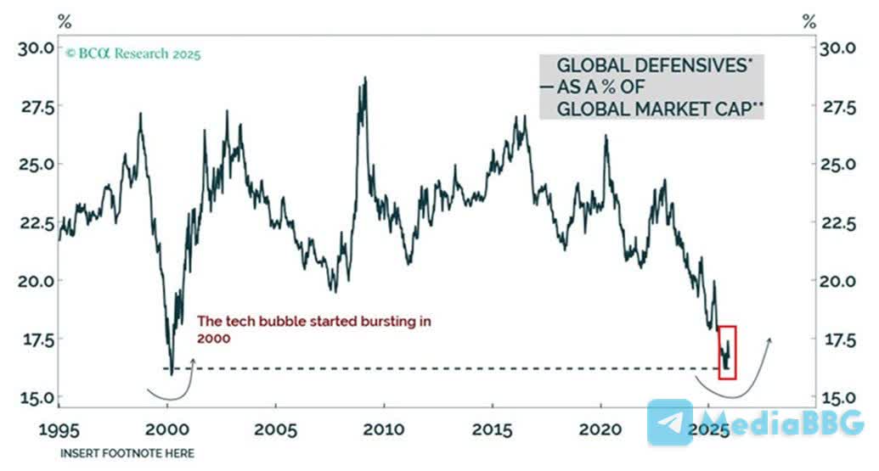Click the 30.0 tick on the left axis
click(x=36, y=48)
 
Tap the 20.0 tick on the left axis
click(x=36, y=281)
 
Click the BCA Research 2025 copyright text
click(x=134, y=54)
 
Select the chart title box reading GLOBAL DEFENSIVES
click(x=650, y=87)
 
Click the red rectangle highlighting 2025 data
click(x=726, y=351)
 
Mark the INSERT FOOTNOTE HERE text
click(x=127, y=453)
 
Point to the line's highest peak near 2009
click(x=365, y=78)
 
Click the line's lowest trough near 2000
click(x=172, y=373)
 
